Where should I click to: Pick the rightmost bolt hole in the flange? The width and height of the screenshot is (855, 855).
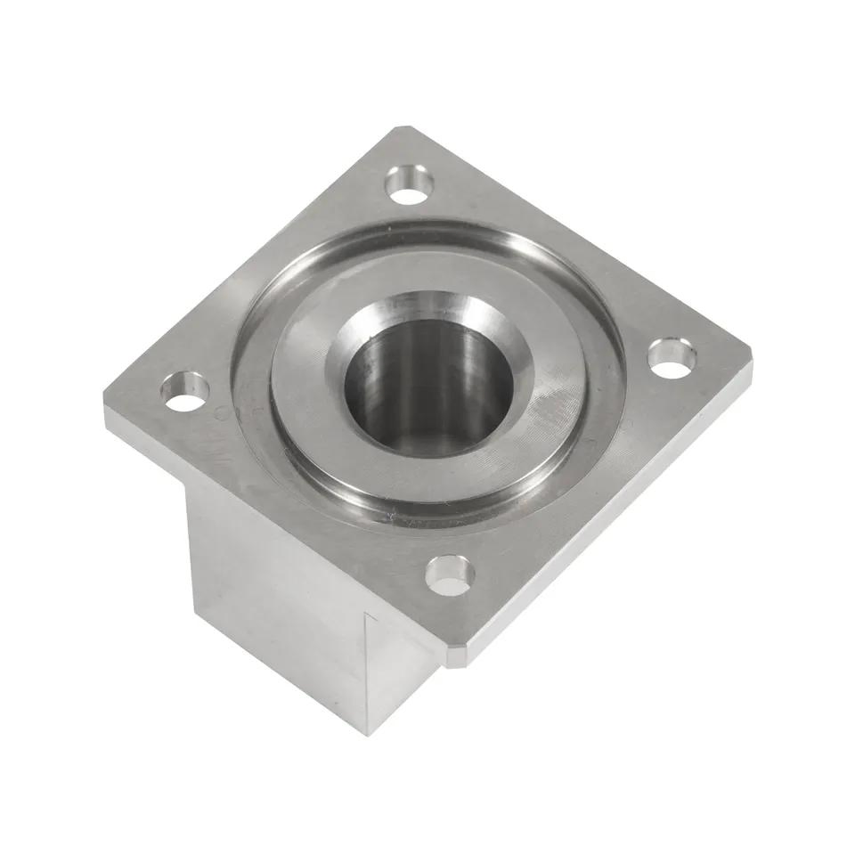(x=672, y=355)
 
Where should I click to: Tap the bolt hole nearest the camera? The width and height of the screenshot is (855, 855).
(x=449, y=574)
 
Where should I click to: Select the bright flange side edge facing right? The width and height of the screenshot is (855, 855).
(x=615, y=517)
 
